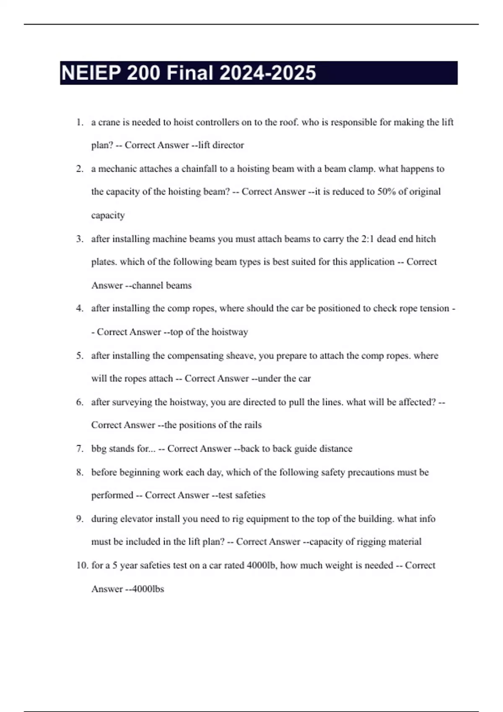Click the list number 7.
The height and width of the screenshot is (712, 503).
pyautogui.click(x=80, y=449)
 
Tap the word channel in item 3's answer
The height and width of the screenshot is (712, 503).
pyautogui.click(x=148, y=286)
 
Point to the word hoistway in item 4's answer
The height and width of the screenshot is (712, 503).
pyautogui.click(x=229, y=332)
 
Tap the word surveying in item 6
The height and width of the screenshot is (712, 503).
pyautogui.click(x=132, y=402)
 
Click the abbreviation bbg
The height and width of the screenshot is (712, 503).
pyautogui.click(x=99, y=449)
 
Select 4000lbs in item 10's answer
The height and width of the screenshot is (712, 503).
pyautogui.click(x=148, y=589)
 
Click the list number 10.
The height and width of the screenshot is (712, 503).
pyautogui.click(x=82, y=565)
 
